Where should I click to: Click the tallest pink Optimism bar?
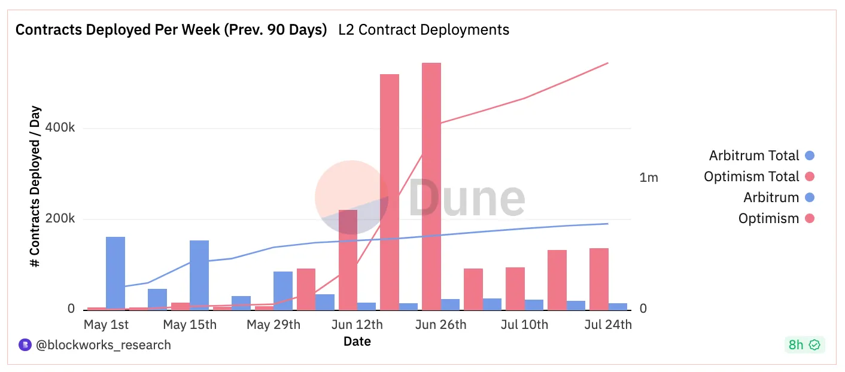[x=431, y=185]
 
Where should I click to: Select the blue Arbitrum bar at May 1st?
[x=115, y=273]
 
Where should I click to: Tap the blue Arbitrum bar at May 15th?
[x=199, y=275]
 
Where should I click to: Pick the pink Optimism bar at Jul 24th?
[x=599, y=279]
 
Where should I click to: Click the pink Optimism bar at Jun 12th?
[x=348, y=260]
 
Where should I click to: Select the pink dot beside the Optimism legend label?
[x=810, y=218]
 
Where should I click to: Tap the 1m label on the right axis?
[x=649, y=178]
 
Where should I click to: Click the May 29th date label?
[x=273, y=325]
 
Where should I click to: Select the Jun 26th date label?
[x=440, y=325]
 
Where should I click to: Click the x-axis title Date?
[x=357, y=341]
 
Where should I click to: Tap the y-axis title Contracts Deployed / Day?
[x=37, y=187]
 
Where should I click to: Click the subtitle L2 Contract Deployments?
[x=424, y=30]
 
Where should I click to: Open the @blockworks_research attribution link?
[x=103, y=344]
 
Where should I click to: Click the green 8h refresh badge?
[x=804, y=344]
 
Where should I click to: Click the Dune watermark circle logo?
[x=352, y=197]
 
